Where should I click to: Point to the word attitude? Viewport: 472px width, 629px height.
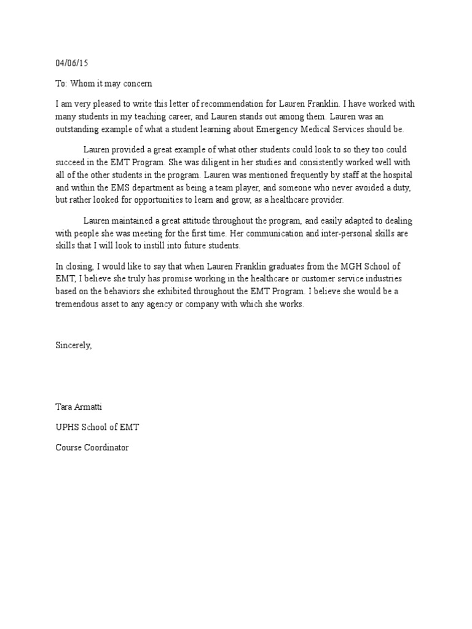click(200, 221)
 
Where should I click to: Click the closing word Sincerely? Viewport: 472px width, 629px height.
click(73, 345)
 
